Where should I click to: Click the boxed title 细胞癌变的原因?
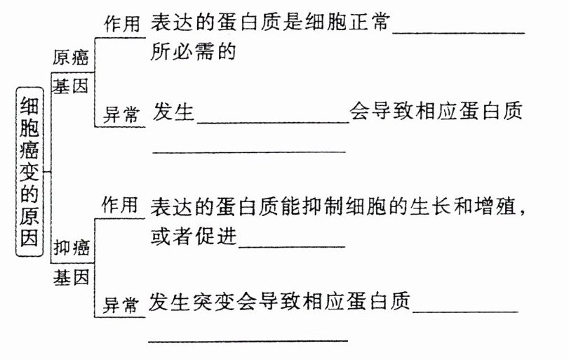[x=30, y=170]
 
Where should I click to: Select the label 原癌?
[x=71, y=58]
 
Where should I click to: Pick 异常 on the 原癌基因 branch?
[x=121, y=116]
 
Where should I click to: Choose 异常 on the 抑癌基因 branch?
[x=121, y=305]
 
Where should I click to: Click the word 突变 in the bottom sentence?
[x=214, y=302]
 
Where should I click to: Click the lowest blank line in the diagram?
[x=249, y=340]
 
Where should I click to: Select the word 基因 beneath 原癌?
[x=71, y=86]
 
